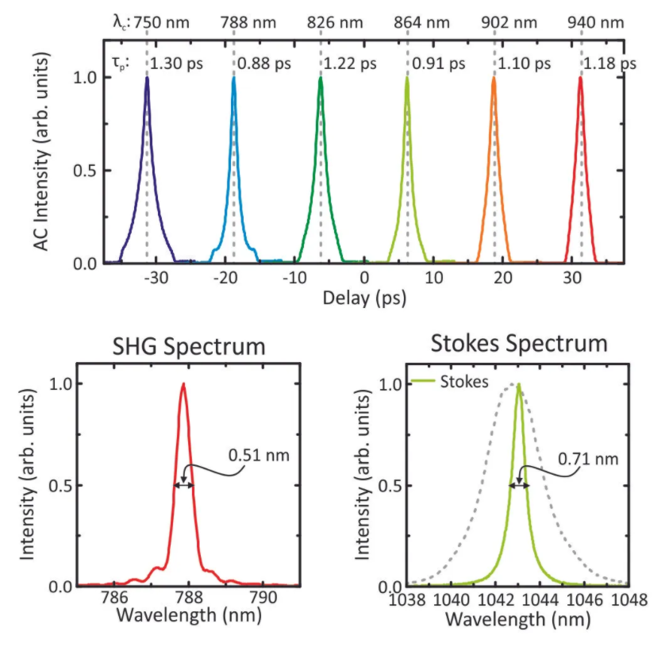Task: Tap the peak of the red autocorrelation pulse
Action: pos(581,77)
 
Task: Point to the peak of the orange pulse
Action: pos(494,77)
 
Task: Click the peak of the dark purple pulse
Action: pos(147,77)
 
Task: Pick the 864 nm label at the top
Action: pos(418,21)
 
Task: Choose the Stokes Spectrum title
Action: pos(518,344)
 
